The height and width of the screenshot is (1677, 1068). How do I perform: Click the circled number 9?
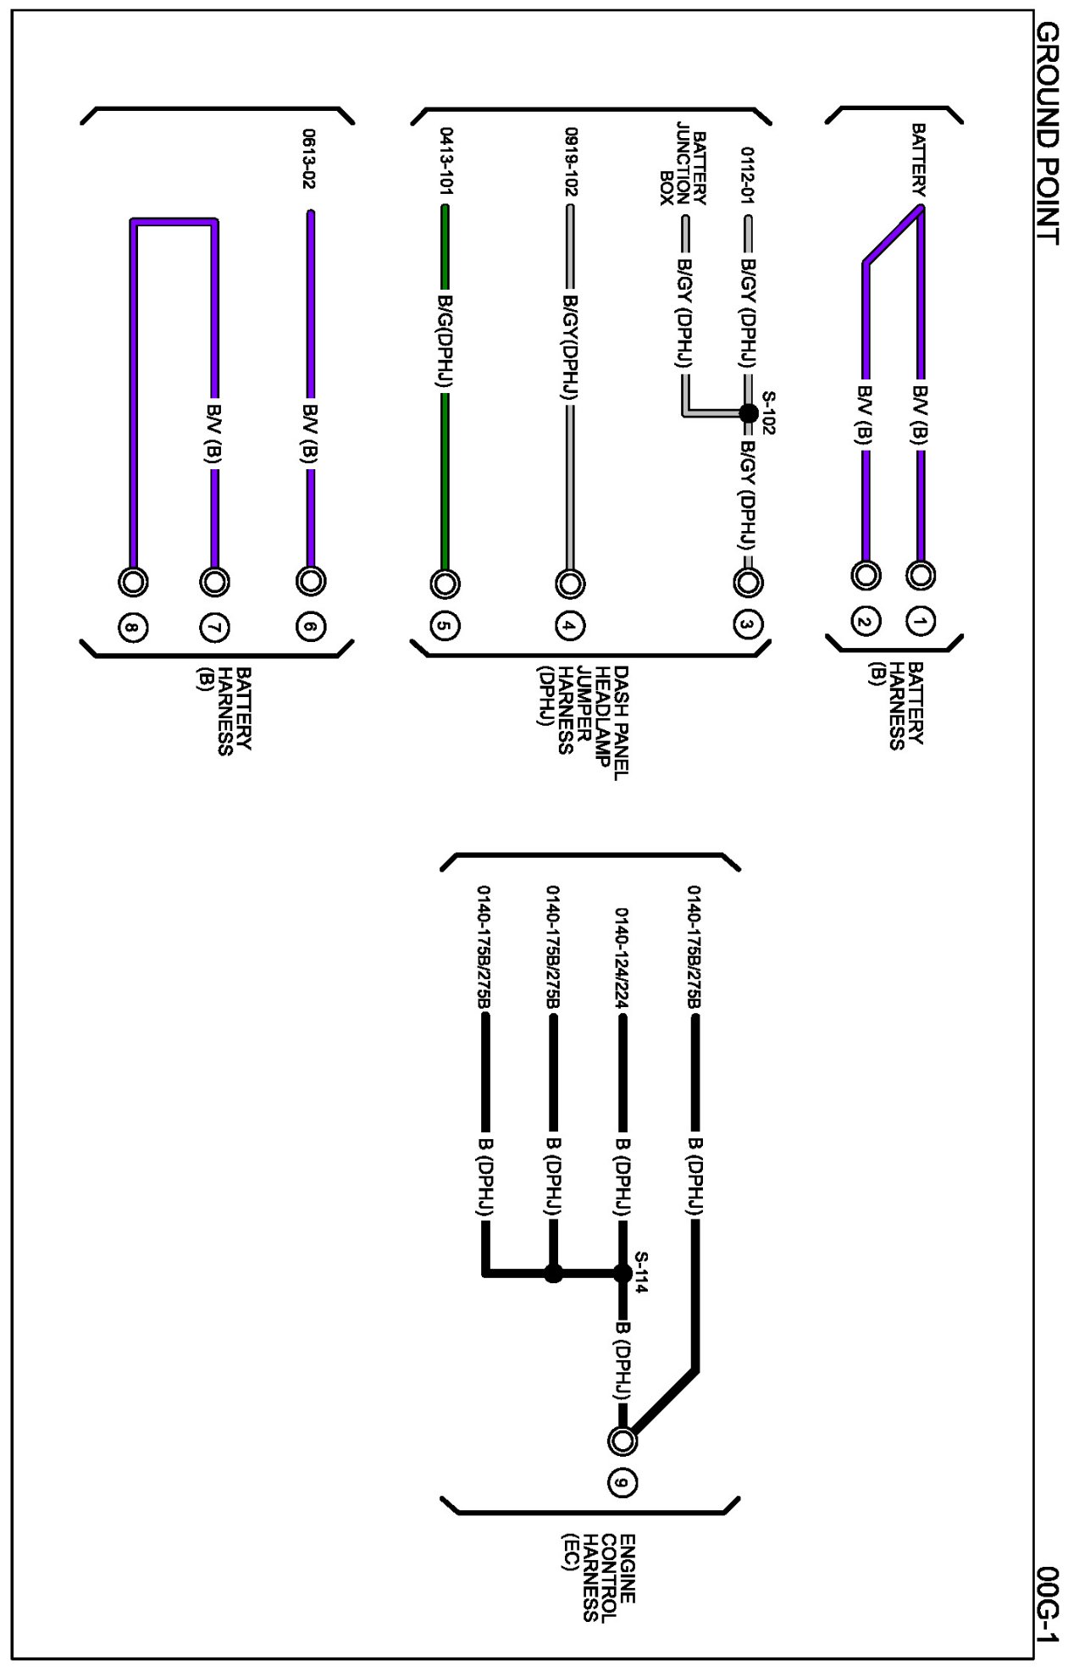tap(623, 1481)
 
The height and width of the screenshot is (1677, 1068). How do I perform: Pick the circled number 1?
tap(920, 623)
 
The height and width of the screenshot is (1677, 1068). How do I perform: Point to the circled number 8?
tap(131, 628)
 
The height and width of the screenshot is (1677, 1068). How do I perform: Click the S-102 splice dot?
tap(749, 413)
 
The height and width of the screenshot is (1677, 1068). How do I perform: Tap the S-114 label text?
tap(641, 1271)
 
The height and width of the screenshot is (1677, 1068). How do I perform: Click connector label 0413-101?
tap(445, 161)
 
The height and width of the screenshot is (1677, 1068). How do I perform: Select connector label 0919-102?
tap(571, 161)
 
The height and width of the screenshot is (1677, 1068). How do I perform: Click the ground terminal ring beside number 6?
tap(310, 581)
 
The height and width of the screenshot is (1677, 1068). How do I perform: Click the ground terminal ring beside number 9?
tap(623, 1440)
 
